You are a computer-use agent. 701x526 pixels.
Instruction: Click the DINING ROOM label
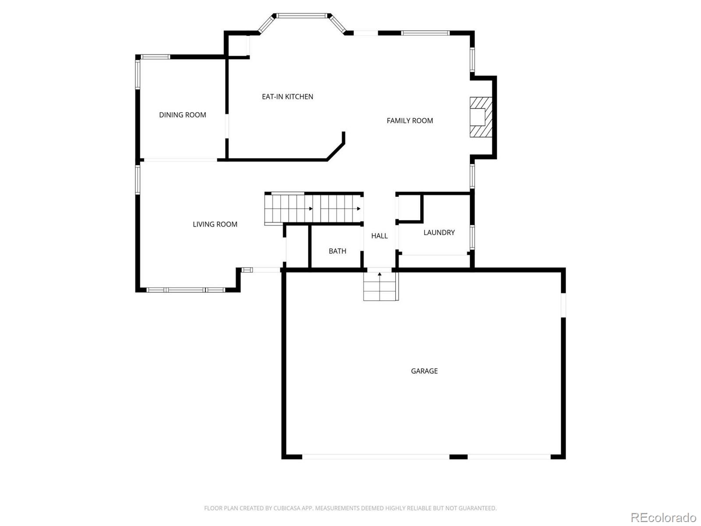182,115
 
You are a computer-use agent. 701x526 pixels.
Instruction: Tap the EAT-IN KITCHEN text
287,97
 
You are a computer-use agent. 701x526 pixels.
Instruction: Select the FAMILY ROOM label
410,121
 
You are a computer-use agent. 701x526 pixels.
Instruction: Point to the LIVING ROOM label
215,224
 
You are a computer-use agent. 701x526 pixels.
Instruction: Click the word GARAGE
424,371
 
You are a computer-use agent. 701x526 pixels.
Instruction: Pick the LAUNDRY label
439,232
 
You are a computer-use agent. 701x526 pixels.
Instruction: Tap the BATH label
337,251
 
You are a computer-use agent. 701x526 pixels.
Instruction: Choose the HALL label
379,236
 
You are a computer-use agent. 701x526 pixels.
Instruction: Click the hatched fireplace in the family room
481,117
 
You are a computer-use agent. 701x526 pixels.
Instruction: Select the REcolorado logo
664,517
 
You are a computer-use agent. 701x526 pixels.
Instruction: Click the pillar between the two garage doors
458,457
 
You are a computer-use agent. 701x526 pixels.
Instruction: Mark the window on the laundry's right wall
472,237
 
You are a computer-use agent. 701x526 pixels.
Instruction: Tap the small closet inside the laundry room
409,208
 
